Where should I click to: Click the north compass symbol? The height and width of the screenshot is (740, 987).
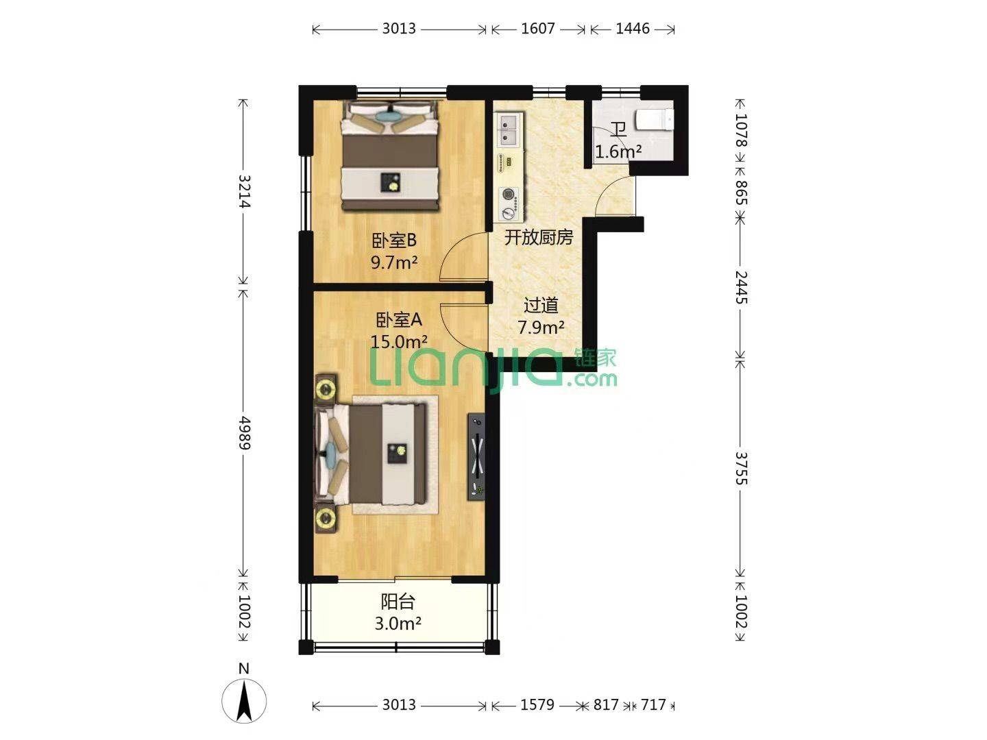(x=244, y=700)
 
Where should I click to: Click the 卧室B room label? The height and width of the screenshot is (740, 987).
(x=394, y=241)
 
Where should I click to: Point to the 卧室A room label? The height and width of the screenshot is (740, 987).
(x=399, y=320)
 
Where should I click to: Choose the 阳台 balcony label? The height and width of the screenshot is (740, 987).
(x=398, y=601)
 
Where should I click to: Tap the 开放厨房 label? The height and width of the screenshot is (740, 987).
(x=539, y=237)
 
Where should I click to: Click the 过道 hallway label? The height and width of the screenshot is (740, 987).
(x=541, y=306)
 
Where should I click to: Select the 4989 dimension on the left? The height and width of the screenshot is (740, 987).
(x=244, y=432)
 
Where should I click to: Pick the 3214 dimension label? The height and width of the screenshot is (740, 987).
(x=244, y=191)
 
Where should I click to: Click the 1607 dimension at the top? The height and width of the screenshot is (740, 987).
(x=538, y=29)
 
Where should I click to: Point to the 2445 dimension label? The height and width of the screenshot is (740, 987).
(x=741, y=288)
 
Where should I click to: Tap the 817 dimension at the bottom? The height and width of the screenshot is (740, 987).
(x=606, y=704)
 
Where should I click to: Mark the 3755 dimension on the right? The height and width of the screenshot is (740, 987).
(x=741, y=469)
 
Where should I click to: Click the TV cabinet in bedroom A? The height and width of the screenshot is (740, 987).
(x=477, y=456)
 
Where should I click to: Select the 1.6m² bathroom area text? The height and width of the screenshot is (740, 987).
(x=618, y=152)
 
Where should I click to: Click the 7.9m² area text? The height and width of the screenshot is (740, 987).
(x=541, y=328)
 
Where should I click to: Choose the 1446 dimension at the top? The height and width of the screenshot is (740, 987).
(x=632, y=29)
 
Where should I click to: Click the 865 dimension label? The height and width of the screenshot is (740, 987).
(x=741, y=193)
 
